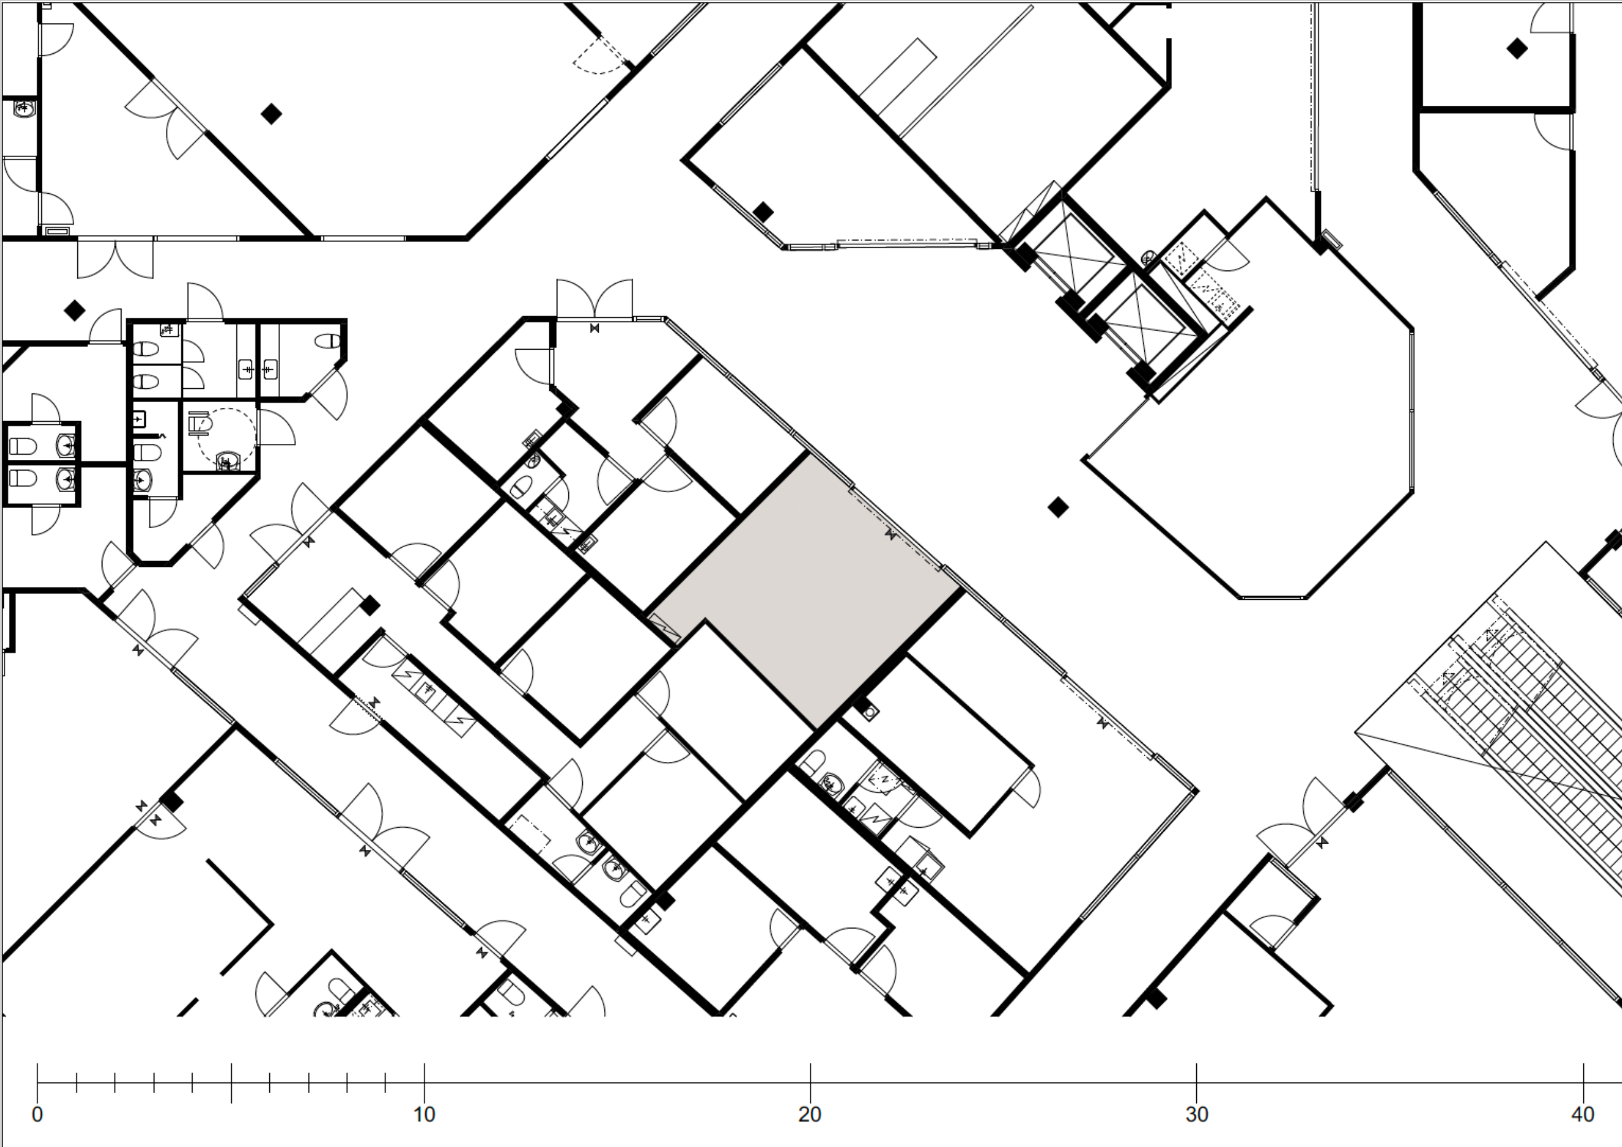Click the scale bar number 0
[37, 1115]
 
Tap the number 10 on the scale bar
[424, 1115]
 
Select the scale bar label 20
[810, 1115]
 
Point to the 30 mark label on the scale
[1196, 1115]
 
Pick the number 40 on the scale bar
[1583, 1115]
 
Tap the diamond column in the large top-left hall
[271, 114]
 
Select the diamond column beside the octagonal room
[1057, 507]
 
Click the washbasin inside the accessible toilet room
[226, 461]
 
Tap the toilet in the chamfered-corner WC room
[327, 341]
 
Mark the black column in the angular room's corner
[763, 212]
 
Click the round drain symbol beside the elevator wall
[1149, 257]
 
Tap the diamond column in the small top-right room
[1517, 49]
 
